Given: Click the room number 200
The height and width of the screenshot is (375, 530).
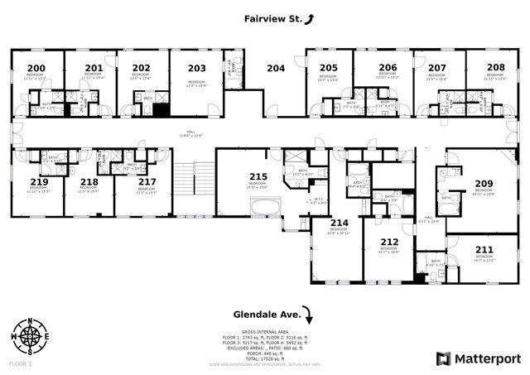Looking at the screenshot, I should point(36,68).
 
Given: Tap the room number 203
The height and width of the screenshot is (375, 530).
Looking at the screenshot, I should point(197,68).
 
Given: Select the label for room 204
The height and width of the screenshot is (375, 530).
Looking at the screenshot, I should point(275,68).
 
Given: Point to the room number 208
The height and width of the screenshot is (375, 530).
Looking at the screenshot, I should point(496,68).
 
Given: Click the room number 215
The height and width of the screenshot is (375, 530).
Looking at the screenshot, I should point(258,176).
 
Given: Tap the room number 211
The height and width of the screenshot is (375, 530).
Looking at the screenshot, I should point(485,248).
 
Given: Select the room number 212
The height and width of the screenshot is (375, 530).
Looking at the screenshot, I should point(389,243).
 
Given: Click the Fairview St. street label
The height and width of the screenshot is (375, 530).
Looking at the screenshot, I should point(270,17).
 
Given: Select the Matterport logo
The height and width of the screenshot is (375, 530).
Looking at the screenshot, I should point(479,358).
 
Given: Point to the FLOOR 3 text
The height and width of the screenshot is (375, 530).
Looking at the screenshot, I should point(20,363).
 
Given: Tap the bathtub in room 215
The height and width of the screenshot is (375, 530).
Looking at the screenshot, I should point(260,207).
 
